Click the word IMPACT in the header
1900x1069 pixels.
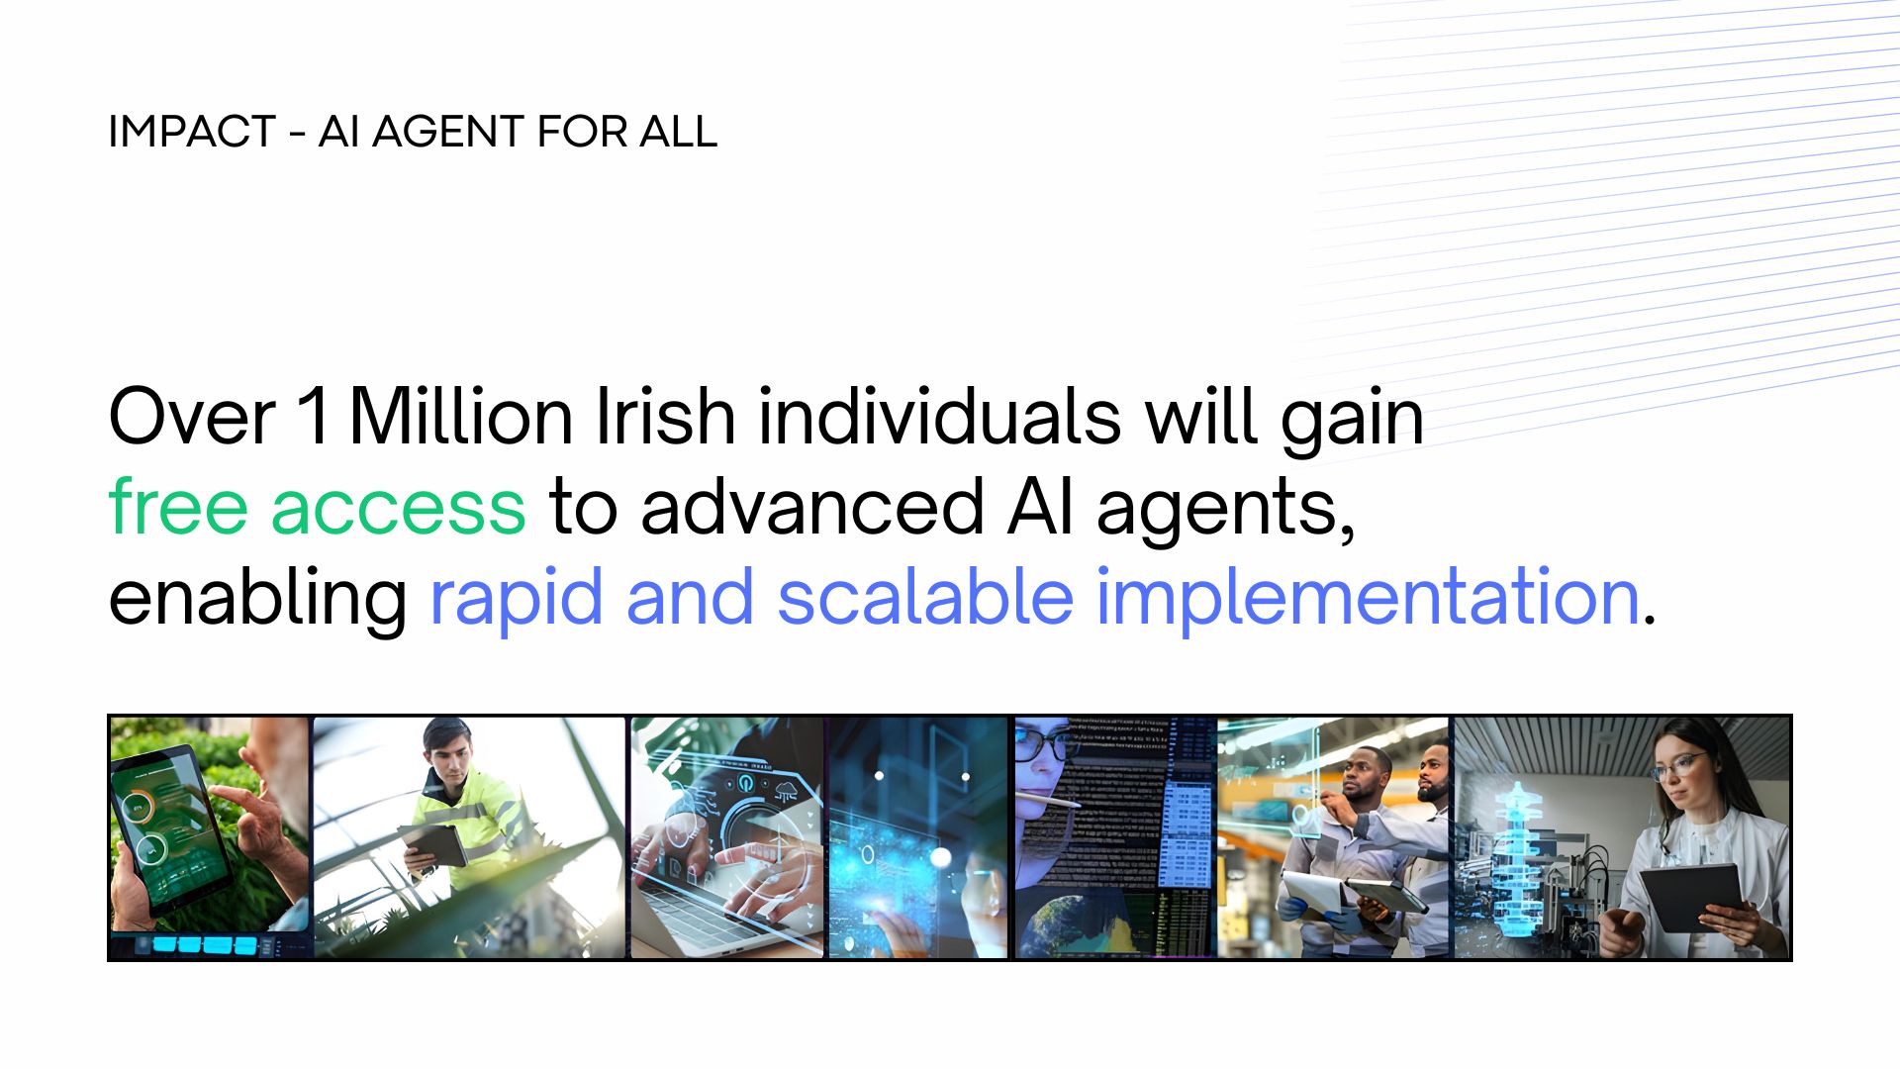[192, 132]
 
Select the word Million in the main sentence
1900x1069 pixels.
[461, 417]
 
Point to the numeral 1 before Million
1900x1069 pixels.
[313, 417]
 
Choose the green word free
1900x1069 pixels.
[178, 506]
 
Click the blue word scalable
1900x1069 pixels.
[925, 597]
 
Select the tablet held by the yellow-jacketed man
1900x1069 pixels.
[433, 844]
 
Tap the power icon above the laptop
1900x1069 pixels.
[747, 782]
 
